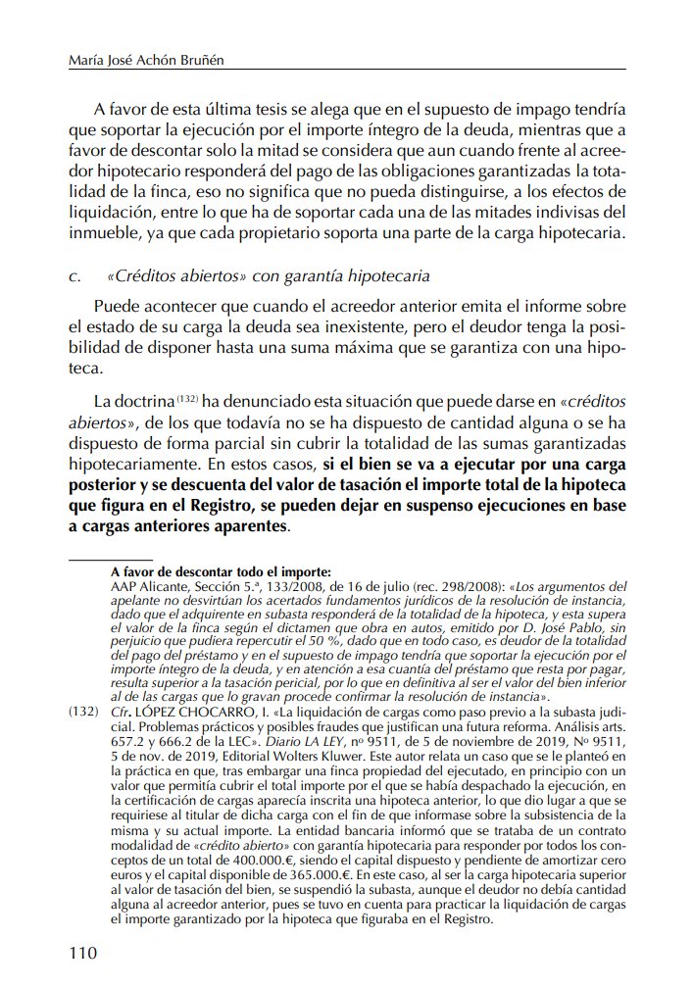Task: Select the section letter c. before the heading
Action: (74, 276)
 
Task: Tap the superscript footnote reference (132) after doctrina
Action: (188, 400)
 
